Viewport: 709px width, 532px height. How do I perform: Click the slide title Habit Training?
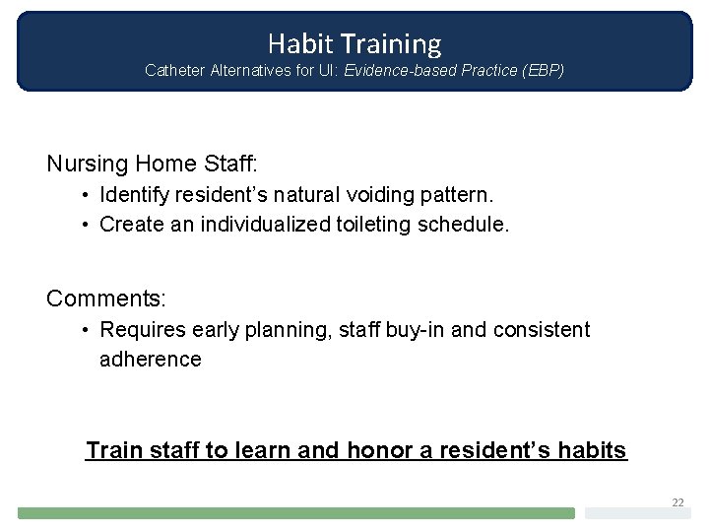pyautogui.click(x=354, y=43)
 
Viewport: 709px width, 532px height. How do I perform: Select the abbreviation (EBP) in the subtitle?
pyautogui.click(x=541, y=71)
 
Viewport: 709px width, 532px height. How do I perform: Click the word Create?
pyautogui.click(x=131, y=225)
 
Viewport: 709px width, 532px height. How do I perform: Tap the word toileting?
pyautogui.click(x=374, y=225)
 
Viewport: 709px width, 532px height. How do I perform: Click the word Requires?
pyautogui.click(x=140, y=330)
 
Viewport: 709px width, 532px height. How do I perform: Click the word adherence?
pyautogui.click(x=150, y=359)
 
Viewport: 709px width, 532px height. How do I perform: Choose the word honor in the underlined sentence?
pyautogui.click(x=379, y=451)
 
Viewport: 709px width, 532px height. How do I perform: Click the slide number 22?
pyautogui.click(x=677, y=502)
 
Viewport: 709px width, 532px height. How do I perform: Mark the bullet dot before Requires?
pyautogui.click(x=88, y=330)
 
